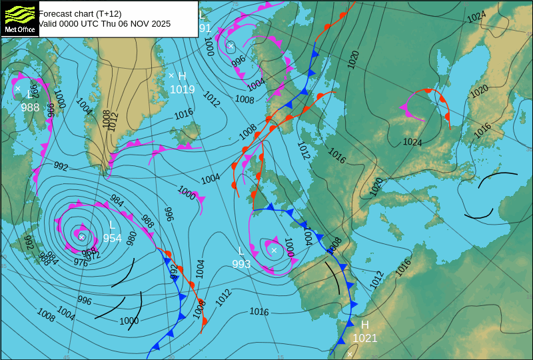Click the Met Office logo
point(19,19)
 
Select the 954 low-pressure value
point(112,239)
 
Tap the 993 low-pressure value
point(241,265)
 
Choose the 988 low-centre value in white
point(30,108)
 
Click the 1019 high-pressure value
point(182,90)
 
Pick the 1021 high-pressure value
point(365,339)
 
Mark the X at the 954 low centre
point(81,237)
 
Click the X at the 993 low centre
point(274,251)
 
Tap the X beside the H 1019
point(171,75)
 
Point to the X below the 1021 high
point(350,354)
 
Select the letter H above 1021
point(365,325)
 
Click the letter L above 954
point(112,225)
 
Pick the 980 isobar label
point(131,237)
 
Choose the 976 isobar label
point(81,263)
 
